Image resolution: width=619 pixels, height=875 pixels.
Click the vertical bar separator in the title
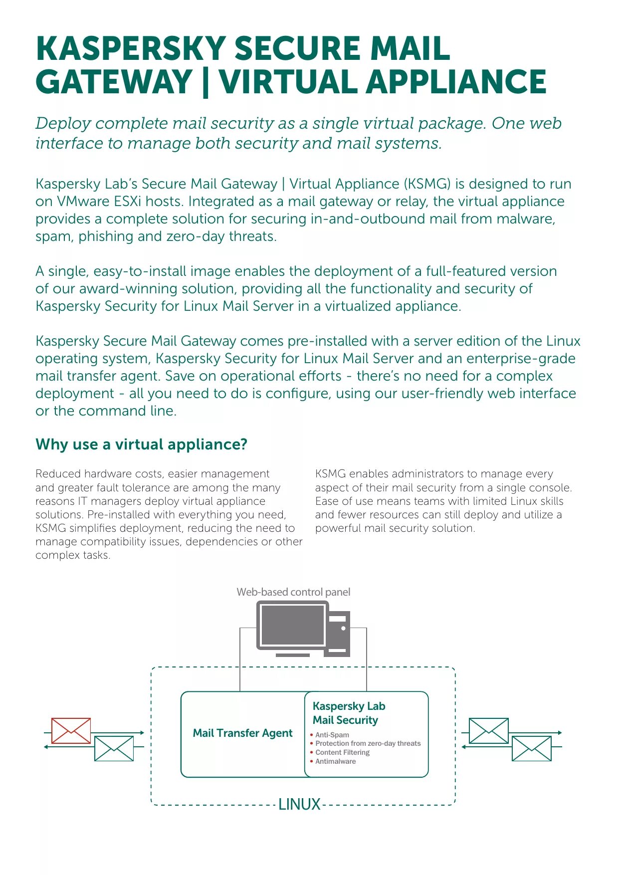click(206, 82)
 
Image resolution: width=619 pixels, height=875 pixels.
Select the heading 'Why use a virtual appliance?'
click(141, 444)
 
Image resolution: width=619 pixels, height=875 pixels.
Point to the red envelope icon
click(71, 730)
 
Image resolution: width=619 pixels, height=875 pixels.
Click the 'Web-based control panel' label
click(293, 592)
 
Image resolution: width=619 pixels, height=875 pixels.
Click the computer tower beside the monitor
click(338, 634)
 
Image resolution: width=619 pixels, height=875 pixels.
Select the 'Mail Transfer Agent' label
click(242, 733)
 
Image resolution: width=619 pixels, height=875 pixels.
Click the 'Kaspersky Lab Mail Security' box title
click(349, 713)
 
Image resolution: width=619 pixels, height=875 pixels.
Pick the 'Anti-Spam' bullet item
click(332, 735)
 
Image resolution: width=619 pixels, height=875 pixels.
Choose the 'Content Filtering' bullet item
click(342, 752)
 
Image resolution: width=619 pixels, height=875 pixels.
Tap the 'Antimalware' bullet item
click(335, 761)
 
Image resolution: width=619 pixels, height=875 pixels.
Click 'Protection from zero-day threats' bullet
click(368, 743)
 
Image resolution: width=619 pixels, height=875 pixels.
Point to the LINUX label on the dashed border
click(299, 804)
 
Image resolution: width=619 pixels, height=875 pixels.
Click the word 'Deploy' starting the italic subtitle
click(63, 123)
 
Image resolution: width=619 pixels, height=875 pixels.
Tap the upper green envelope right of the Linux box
click(488, 731)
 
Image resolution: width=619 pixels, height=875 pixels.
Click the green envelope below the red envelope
click(114, 748)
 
